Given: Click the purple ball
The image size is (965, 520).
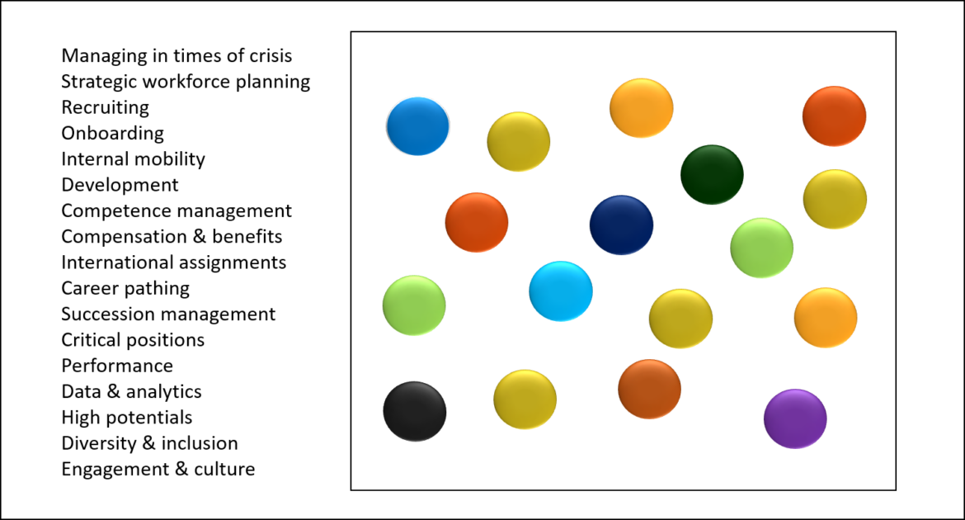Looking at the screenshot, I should pyautogui.click(x=795, y=418).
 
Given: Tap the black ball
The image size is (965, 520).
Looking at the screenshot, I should pyautogui.click(x=415, y=411).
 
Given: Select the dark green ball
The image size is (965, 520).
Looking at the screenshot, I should pyautogui.click(x=712, y=174).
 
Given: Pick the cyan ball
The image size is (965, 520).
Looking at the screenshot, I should pyautogui.click(x=561, y=291).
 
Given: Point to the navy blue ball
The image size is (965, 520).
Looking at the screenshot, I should pyautogui.click(x=621, y=225).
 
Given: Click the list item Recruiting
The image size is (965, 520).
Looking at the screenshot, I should pyautogui.click(x=105, y=107).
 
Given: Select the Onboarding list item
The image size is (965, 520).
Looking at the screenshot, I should pyautogui.click(x=112, y=133).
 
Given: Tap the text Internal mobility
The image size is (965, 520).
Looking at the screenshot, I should pyautogui.click(x=133, y=158).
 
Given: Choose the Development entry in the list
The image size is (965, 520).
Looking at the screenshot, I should pyautogui.click(x=120, y=185).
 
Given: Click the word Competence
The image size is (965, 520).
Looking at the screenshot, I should pyautogui.click(x=110, y=210).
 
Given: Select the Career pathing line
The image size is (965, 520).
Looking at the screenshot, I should pyautogui.click(x=125, y=288).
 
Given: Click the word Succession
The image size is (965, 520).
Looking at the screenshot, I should pyautogui.click(x=107, y=314).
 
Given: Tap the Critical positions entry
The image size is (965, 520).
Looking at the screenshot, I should pyautogui.click(x=133, y=340).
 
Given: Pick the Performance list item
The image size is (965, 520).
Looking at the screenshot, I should pyautogui.click(x=117, y=366).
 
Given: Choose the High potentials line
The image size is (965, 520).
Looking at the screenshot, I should pyautogui.click(x=127, y=418).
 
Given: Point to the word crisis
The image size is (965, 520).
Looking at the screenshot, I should pyautogui.click(x=271, y=56).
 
